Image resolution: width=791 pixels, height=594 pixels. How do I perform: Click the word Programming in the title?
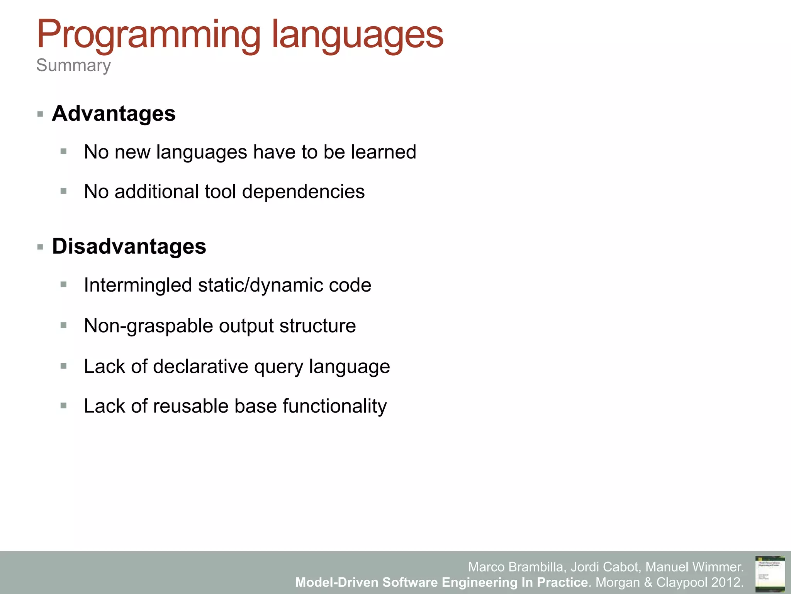coord(149,36)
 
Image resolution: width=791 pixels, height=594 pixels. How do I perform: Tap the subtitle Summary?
coord(73,65)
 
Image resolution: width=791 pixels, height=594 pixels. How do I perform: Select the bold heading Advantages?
coord(114,114)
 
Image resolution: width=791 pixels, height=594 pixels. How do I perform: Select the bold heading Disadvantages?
coord(129,246)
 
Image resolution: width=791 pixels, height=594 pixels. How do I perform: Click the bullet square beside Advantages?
coord(40,114)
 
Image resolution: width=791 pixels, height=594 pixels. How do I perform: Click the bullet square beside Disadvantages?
coord(40,247)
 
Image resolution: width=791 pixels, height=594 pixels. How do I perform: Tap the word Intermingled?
coord(138,285)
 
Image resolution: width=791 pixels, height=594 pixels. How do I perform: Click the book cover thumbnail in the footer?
coord(770,574)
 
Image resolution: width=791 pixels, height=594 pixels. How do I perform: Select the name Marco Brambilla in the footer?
coord(517,567)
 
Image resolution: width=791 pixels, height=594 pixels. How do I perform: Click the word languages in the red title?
coord(357,36)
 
